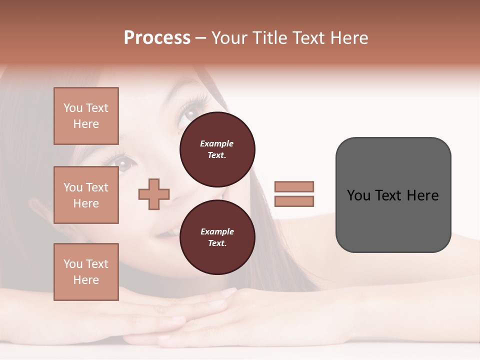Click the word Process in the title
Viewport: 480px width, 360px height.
157,38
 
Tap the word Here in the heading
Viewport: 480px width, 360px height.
349,38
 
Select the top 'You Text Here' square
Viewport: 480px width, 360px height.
86,116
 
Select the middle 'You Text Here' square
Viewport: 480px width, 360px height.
86,195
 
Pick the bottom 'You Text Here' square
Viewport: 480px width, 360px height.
86,272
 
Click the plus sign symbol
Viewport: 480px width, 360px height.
154,194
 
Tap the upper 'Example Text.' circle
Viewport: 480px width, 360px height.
217,149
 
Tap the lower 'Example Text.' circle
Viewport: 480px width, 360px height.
217,237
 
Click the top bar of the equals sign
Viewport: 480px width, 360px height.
294,186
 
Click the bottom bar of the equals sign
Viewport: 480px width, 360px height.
294,201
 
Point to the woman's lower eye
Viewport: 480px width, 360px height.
123,162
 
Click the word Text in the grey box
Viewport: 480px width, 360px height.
393,195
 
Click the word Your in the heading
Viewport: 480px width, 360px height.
230,38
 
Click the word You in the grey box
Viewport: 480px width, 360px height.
358,195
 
